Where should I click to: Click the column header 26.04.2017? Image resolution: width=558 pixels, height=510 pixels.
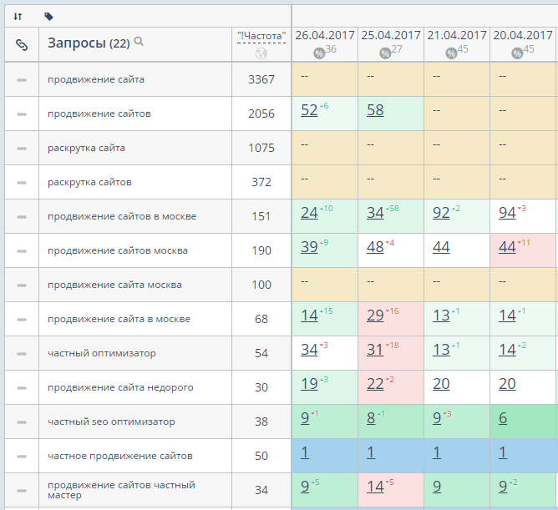click(325, 35)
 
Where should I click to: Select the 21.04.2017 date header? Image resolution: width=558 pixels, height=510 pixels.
click(456, 35)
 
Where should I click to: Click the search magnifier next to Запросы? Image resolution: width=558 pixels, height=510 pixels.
click(139, 42)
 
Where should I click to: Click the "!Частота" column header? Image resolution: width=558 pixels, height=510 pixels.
click(261, 36)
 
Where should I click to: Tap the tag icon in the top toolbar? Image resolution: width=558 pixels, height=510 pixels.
click(48, 16)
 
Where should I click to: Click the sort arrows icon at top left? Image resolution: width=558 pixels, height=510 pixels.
click(18, 16)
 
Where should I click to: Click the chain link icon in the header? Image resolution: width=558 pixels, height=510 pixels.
click(22, 45)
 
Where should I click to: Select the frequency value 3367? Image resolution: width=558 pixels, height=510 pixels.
click(261, 79)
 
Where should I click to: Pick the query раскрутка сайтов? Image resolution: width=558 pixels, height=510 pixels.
click(89, 182)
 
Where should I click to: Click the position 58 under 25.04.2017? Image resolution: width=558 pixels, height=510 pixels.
click(375, 110)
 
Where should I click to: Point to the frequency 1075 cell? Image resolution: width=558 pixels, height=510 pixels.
click(261, 148)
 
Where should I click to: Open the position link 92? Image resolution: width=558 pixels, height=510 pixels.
click(441, 213)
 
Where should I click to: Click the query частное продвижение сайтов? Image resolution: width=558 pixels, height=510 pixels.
click(120, 456)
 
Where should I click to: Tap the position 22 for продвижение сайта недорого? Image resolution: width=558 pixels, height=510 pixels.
click(375, 385)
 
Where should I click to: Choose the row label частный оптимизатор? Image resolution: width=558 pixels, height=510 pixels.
click(102, 353)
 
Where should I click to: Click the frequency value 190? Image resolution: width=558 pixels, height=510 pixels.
click(261, 250)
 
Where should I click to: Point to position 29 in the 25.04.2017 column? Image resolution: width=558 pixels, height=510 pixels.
click(375, 316)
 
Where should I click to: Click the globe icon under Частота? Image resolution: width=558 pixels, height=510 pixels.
click(261, 54)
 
